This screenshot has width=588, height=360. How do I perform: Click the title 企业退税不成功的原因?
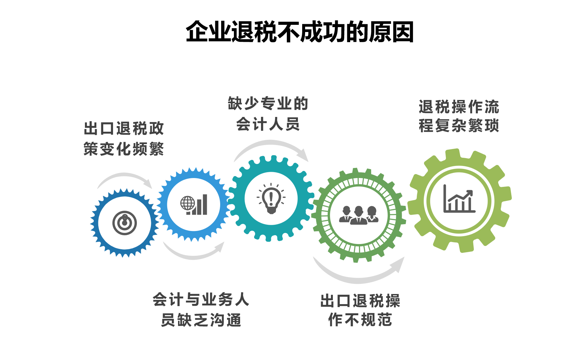pos(300,32)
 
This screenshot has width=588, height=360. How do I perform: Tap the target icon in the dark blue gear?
pos(124,223)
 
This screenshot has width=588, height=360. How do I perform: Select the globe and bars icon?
pos(194,205)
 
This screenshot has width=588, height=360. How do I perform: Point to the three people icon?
pos(359,215)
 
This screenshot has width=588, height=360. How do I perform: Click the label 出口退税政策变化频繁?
pos(124,139)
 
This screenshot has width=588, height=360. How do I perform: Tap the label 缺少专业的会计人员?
pos(268,114)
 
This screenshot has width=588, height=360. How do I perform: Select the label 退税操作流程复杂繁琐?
pos(459,116)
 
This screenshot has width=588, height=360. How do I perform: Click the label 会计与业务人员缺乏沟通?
pos(201,309)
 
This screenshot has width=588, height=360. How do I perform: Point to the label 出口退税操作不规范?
pos(360,310)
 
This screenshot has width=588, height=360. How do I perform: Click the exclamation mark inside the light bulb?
pos(271,197)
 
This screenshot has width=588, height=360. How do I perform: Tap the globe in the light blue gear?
pos(188,203)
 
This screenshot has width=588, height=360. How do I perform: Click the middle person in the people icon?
pos(359,216)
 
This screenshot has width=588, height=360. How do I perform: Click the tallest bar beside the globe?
pos(205,205)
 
